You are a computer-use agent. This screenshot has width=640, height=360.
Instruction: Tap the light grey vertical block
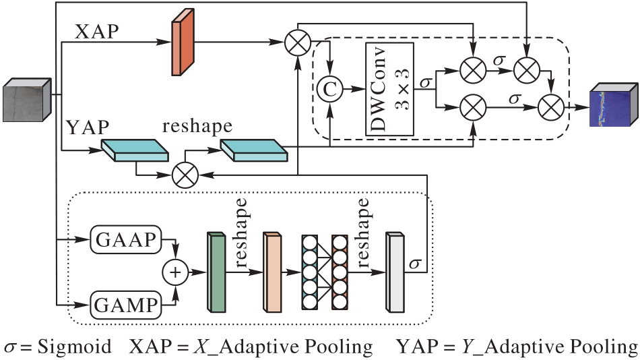395,272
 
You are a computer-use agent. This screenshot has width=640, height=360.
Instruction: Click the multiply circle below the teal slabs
184,175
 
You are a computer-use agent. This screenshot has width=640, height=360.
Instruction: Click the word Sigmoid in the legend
74,347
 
